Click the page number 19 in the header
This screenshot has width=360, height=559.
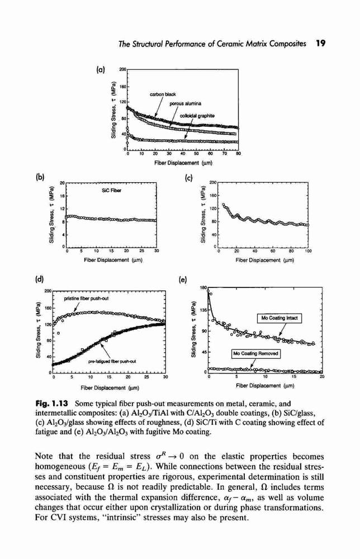[321, 44]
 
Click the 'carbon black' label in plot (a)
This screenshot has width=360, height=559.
[163, 94]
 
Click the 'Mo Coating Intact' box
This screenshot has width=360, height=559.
[280, 318]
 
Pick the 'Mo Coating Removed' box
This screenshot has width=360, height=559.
[255, 353]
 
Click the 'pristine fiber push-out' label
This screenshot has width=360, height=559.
[86, 298]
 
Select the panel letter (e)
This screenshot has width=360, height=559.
[182, 280]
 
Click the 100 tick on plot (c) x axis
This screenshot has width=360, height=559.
[308, 251]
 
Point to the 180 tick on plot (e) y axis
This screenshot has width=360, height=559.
[204, 287]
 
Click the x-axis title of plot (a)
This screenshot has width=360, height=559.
[183, 163]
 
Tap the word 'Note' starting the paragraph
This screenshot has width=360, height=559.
[44, 456]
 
